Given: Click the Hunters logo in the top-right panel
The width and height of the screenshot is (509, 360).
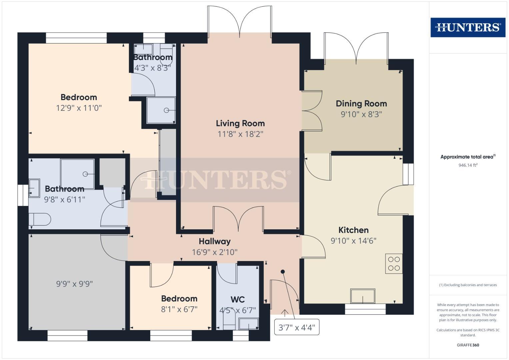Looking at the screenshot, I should [468, 27].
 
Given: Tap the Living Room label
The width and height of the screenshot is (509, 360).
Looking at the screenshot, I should [240, 123].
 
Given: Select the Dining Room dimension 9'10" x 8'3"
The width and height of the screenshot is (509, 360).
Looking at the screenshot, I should [361, 114].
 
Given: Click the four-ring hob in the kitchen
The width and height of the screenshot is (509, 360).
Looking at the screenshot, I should [394, 264].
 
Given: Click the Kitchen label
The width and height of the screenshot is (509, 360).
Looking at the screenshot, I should [353, 230].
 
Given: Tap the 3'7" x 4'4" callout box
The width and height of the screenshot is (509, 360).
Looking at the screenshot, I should [296, 327].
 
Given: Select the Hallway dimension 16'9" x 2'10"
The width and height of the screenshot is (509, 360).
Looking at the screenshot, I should [215, 252].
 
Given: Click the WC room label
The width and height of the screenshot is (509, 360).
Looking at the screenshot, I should [237, 299].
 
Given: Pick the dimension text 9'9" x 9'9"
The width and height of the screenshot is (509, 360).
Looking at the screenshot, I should [74, 284].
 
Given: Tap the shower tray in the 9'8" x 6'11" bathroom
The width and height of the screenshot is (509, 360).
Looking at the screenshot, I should [77, 174].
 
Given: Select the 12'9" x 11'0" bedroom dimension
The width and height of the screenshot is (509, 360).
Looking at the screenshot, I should [79, 108].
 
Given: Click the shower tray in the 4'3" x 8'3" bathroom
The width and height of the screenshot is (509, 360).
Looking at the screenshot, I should [161, 110].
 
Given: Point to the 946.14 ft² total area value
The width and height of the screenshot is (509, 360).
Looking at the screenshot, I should [468, 165].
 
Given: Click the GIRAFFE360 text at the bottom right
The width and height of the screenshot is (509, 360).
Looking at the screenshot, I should [468, 345].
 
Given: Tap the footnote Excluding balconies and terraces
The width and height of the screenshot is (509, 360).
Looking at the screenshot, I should [468, 285].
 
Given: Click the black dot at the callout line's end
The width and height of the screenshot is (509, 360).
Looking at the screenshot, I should [283, 272].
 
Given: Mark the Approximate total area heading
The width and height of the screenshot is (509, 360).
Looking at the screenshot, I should [468, 157].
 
